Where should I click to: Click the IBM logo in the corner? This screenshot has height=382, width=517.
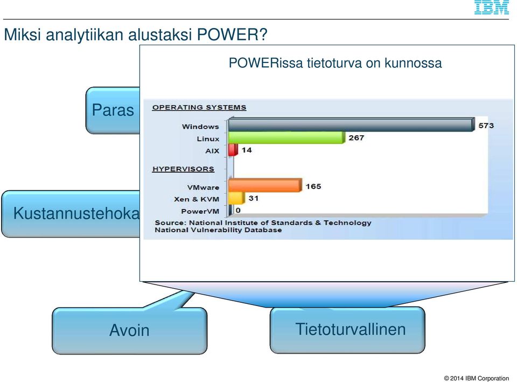[491, 7]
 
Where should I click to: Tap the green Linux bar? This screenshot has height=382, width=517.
[287, 137]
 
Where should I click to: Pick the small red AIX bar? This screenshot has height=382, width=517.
[233, 150]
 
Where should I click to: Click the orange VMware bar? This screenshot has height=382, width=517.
[265, 185]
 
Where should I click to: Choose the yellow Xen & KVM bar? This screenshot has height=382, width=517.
[236, 198]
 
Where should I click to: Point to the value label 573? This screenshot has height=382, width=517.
[486, 126]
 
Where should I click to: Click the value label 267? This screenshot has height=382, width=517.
[357, 138]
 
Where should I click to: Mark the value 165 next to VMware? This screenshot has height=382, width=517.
[313, 186]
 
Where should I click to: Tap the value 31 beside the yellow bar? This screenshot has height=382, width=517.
[253, 198]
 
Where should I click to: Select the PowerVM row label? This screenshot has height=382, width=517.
[200, 211]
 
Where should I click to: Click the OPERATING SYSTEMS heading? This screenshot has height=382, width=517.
[199, 107]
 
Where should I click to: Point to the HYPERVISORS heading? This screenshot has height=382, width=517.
[183, 169]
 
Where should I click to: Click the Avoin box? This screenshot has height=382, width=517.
[130, 330]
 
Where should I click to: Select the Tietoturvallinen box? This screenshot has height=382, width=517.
[347, 330]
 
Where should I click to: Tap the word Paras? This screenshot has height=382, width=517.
[113, 110]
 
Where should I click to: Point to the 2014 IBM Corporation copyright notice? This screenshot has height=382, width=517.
[477, 378]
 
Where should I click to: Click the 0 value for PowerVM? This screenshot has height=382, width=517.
[238, 210]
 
